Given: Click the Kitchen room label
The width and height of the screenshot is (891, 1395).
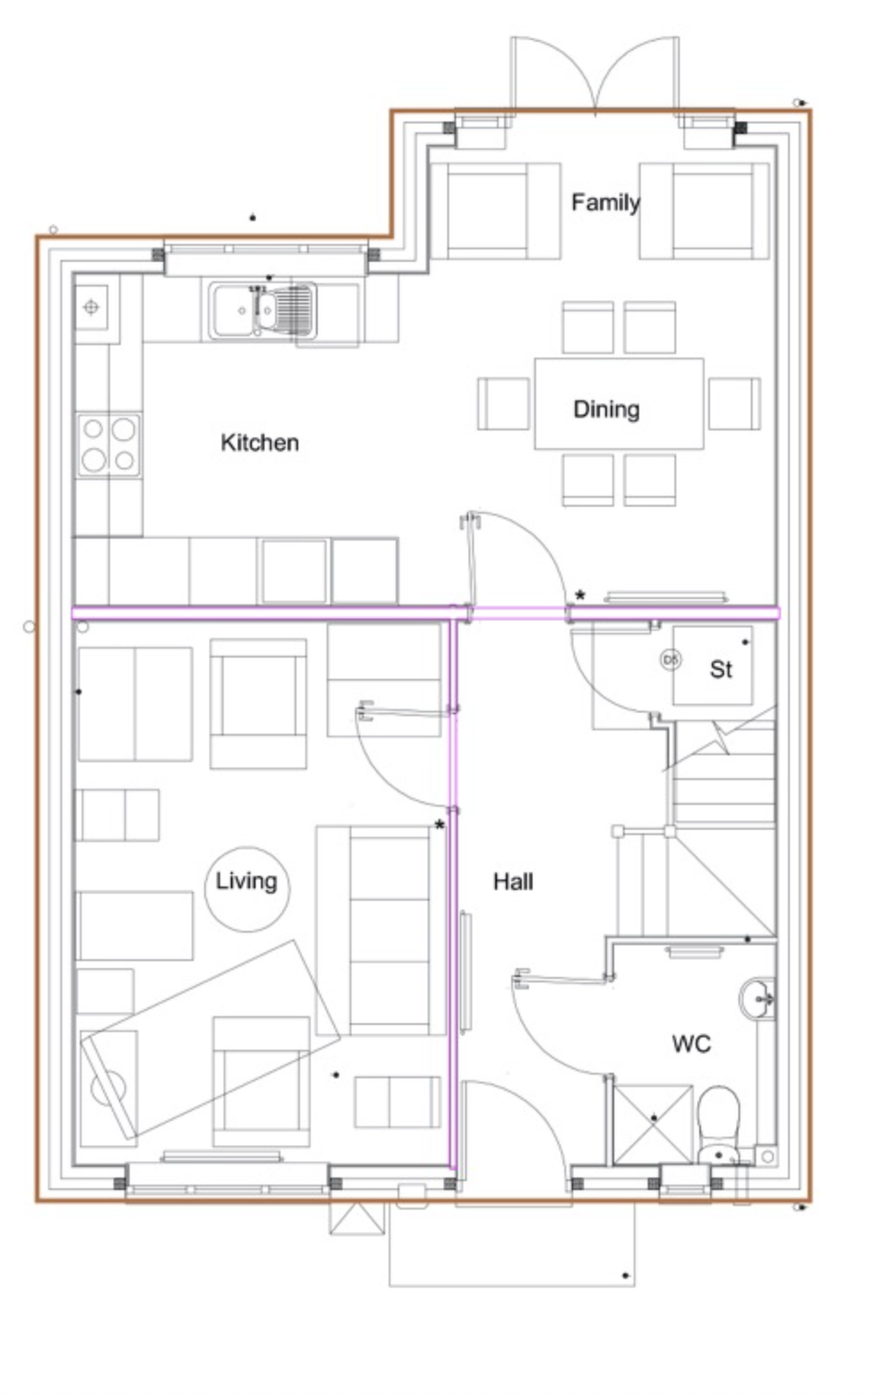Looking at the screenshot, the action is point(260,442).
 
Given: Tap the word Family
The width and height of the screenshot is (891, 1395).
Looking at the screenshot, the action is point(605,202).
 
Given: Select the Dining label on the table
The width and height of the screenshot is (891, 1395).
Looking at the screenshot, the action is point(606,409).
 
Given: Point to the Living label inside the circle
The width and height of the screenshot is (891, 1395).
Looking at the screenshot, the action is point(247,881).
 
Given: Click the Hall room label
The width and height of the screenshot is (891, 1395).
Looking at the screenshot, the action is point(513,882).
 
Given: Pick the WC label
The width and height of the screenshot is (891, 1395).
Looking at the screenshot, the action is point(691,1043).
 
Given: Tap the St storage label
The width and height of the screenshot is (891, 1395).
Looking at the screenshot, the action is point(721,669).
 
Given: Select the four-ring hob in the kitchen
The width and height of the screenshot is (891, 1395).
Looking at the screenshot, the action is point(109,445).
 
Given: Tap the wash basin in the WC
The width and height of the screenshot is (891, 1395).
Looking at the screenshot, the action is point(757,999).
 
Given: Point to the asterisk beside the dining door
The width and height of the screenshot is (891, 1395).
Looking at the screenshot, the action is point(580,595).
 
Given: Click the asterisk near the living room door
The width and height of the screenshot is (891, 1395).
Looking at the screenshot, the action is point(439,826).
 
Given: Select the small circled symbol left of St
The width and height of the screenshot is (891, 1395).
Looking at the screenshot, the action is point(671,659).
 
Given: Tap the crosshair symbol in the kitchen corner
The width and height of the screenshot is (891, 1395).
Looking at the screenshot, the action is point(91,307).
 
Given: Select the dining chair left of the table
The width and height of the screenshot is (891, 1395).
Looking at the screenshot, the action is point(503,404).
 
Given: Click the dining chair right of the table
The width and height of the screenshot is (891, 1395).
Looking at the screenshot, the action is point(734,404).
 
